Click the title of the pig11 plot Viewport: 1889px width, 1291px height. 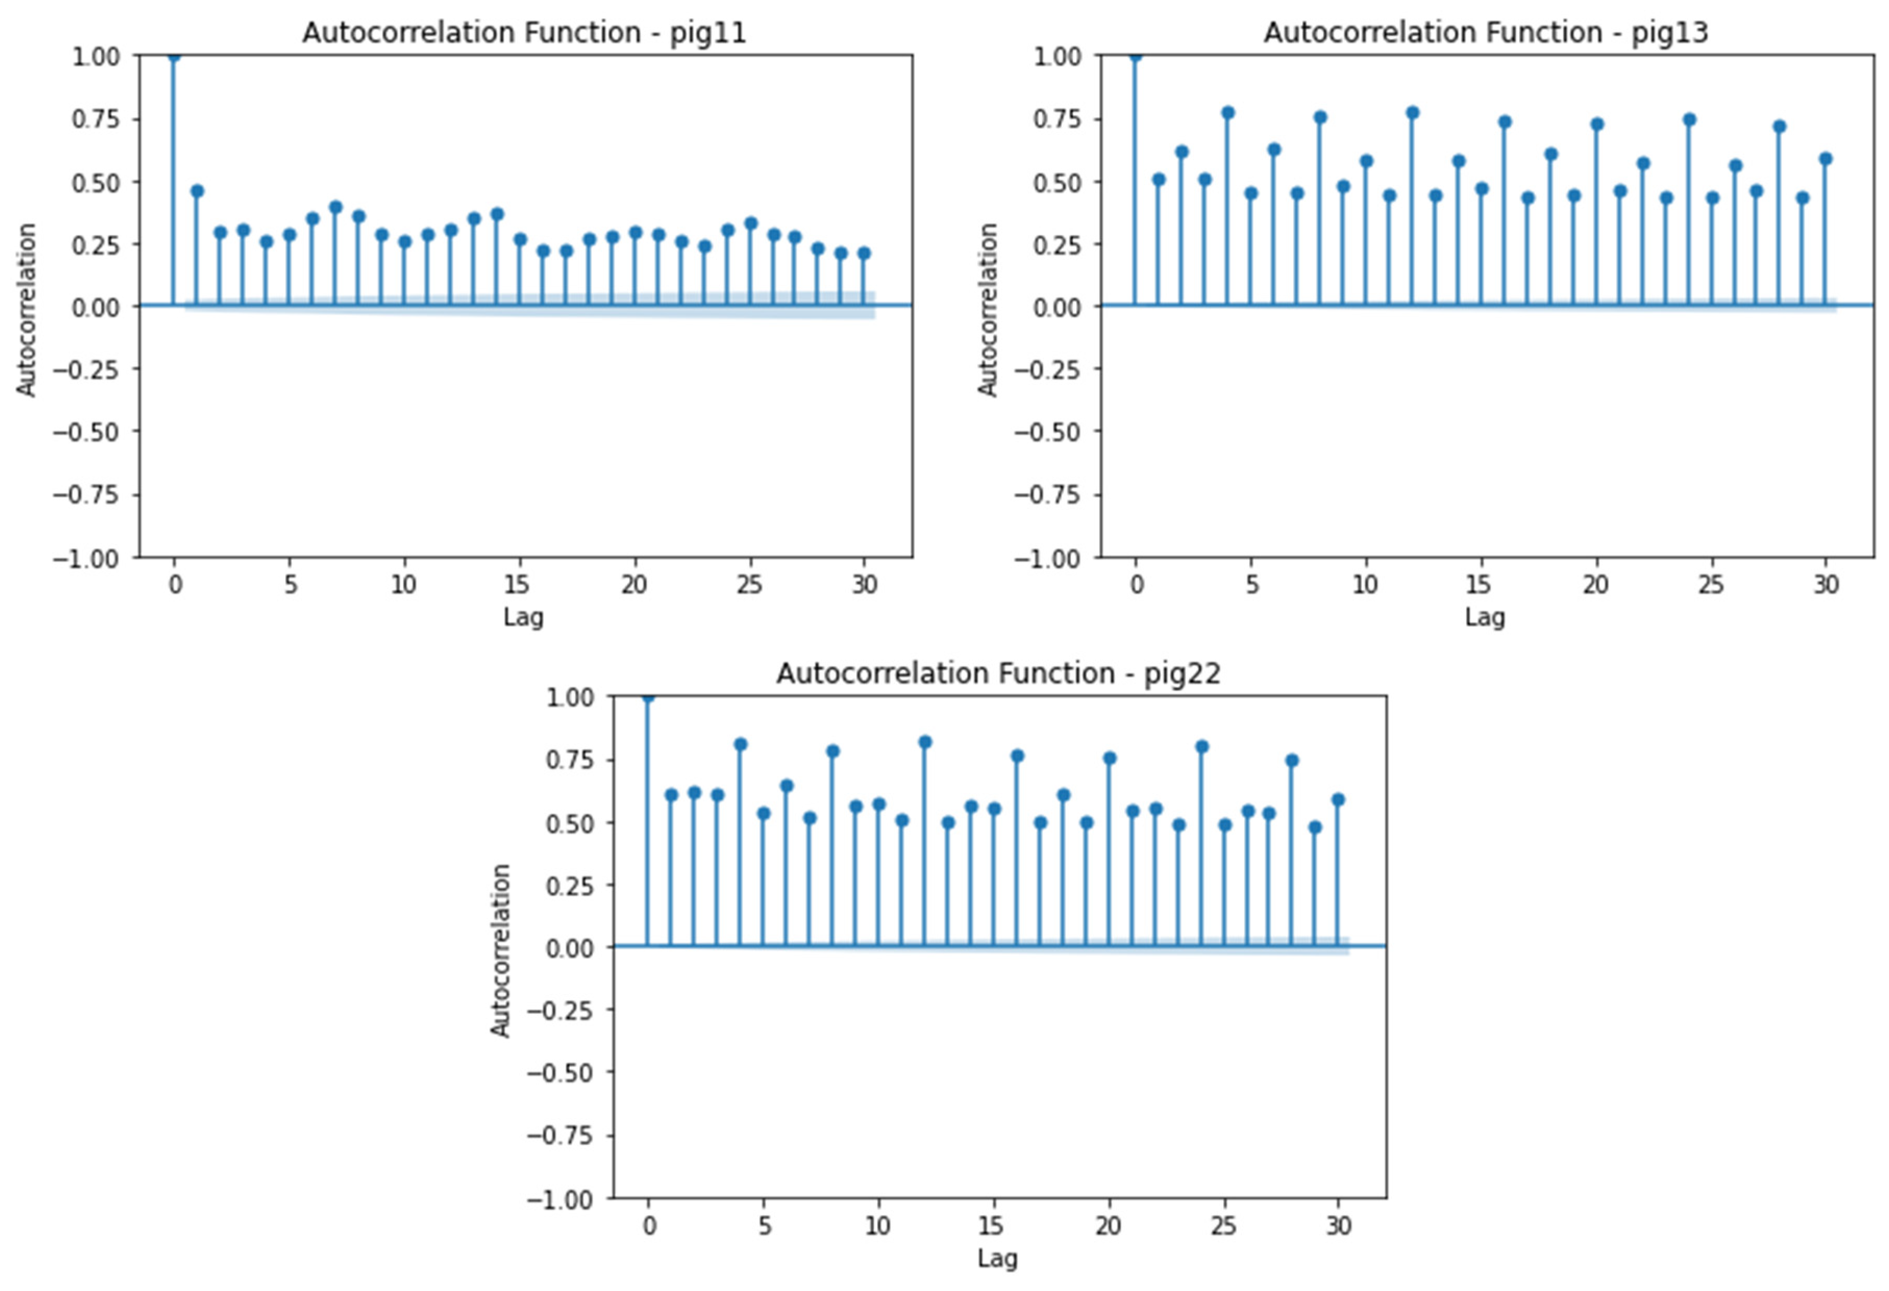click(x=524, y=32)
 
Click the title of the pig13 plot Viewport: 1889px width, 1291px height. click(x=1486, y=32)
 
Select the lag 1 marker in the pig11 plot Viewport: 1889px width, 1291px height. click(x=197, y=192)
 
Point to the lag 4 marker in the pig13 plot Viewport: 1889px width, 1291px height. click(x=1228, y=113)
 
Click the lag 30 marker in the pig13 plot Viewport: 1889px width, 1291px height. click(x=1825, y=158)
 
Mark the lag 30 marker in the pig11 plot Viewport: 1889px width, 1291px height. click(x=864, y=254)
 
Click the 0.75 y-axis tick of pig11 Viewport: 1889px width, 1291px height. click(x=95, y=119)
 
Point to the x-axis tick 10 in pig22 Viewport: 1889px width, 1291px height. click(x=878, y=1225)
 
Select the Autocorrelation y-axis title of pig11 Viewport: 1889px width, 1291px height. click(x=27, y=310)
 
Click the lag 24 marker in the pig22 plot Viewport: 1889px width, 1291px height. click(x=1202, y=746)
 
